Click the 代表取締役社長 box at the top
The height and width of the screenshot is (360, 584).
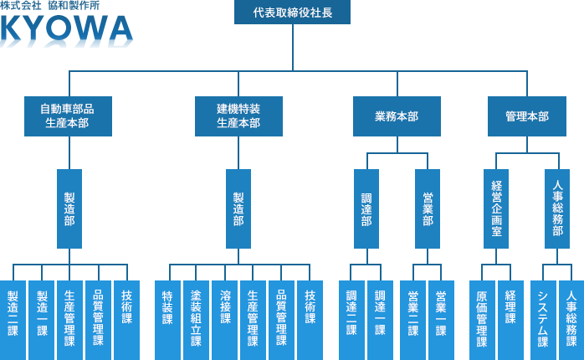[292, 13]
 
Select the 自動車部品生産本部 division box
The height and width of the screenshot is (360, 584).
[69, 116]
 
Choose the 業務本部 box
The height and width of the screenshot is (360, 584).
[397, 116]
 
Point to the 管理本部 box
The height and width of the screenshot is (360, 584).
[527, 116]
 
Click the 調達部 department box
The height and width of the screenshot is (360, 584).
[366, 208]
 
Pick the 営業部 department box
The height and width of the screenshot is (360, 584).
[428, 208]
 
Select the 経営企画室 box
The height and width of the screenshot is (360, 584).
[496, 208]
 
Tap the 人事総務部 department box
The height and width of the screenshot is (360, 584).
[557, 208]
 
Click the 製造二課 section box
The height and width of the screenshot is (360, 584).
[13, 319]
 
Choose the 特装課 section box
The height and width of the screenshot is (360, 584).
[167, 319]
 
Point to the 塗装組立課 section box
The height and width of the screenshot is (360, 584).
[196, 319]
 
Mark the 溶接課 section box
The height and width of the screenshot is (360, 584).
[224, 319]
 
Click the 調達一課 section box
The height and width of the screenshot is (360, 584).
[381, 319]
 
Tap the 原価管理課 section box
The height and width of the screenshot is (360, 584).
[482, 319]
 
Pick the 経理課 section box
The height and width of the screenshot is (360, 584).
[510, 319]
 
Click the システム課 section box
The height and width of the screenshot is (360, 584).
[543, 319]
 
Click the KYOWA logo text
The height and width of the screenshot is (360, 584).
[67, 30]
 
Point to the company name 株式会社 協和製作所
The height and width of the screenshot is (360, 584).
[51, 7]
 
